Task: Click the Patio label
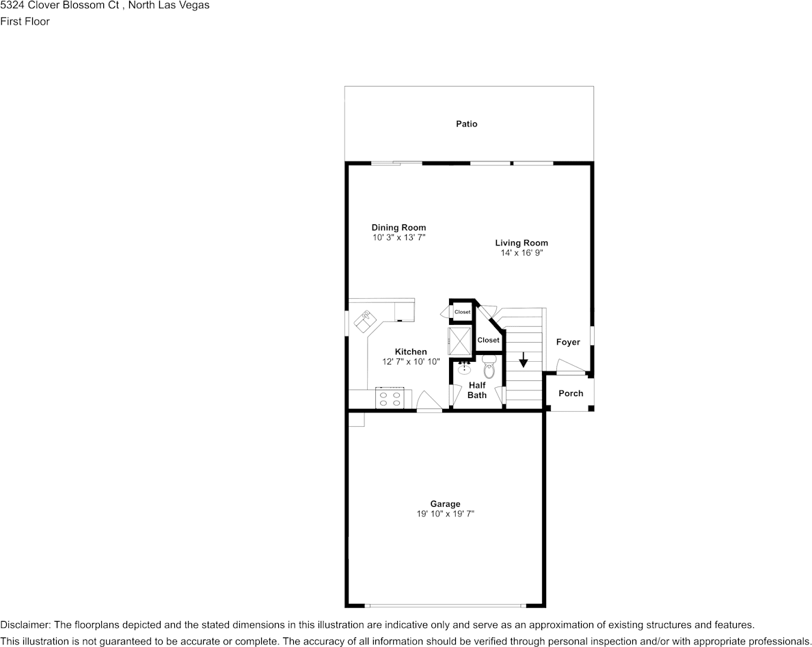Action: pos(467,124)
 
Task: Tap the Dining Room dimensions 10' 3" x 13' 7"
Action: pos(398,237)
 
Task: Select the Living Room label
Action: pos(522,243)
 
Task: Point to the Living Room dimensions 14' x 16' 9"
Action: pos(522,252)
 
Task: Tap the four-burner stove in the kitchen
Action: pos(393,398)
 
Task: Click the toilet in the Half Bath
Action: pos(489,367)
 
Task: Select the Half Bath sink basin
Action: pos(464,369)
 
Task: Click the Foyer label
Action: pos(567,342)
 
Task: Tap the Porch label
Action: pos(571,393)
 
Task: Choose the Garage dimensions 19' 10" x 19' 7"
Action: pos(445,514)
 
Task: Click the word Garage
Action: pos(445,504)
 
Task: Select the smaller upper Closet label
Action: pos(463,312)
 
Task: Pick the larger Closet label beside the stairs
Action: pos(488,340)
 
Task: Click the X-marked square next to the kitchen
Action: pos(459,339)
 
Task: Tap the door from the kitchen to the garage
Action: pos(429,404)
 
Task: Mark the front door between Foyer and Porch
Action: pos(571,369)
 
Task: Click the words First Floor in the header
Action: pos(25,21)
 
